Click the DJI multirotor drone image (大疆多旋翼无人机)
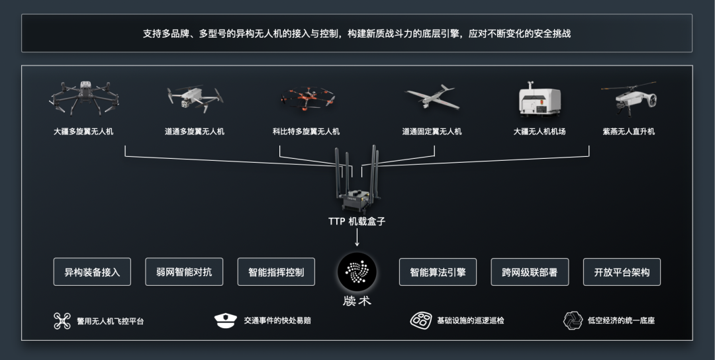click(83, 97)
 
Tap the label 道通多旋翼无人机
click(194, 132)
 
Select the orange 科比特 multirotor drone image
click(306, 99)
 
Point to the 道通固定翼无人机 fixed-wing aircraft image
click(432, 97)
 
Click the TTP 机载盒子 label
click(357, 222)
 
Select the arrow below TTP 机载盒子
click(357, 238)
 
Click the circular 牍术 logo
click(357, 272)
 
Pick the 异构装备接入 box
click(92, 272)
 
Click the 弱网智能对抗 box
click(184, 272)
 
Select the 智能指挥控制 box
click(276, 272)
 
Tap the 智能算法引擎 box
click(438, 272)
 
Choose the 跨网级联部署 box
click(530, 272)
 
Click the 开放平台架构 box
click(622, 272)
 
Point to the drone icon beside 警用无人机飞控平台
click(62, 321)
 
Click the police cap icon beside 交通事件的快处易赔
click(225, 321)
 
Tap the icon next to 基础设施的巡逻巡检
click(421, 321)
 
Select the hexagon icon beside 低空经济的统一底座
click(573, 321)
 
